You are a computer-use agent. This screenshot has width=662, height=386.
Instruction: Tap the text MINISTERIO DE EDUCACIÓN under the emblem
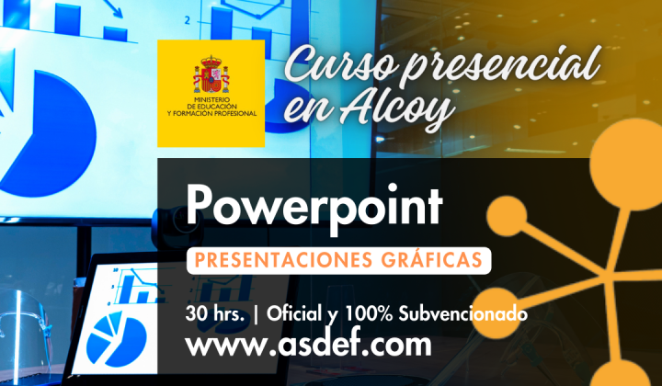tap(211, 107)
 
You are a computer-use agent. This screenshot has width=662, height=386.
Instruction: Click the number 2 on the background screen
tap(188, 19)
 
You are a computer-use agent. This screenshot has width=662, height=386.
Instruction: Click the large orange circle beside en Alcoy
tap(622, 152)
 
